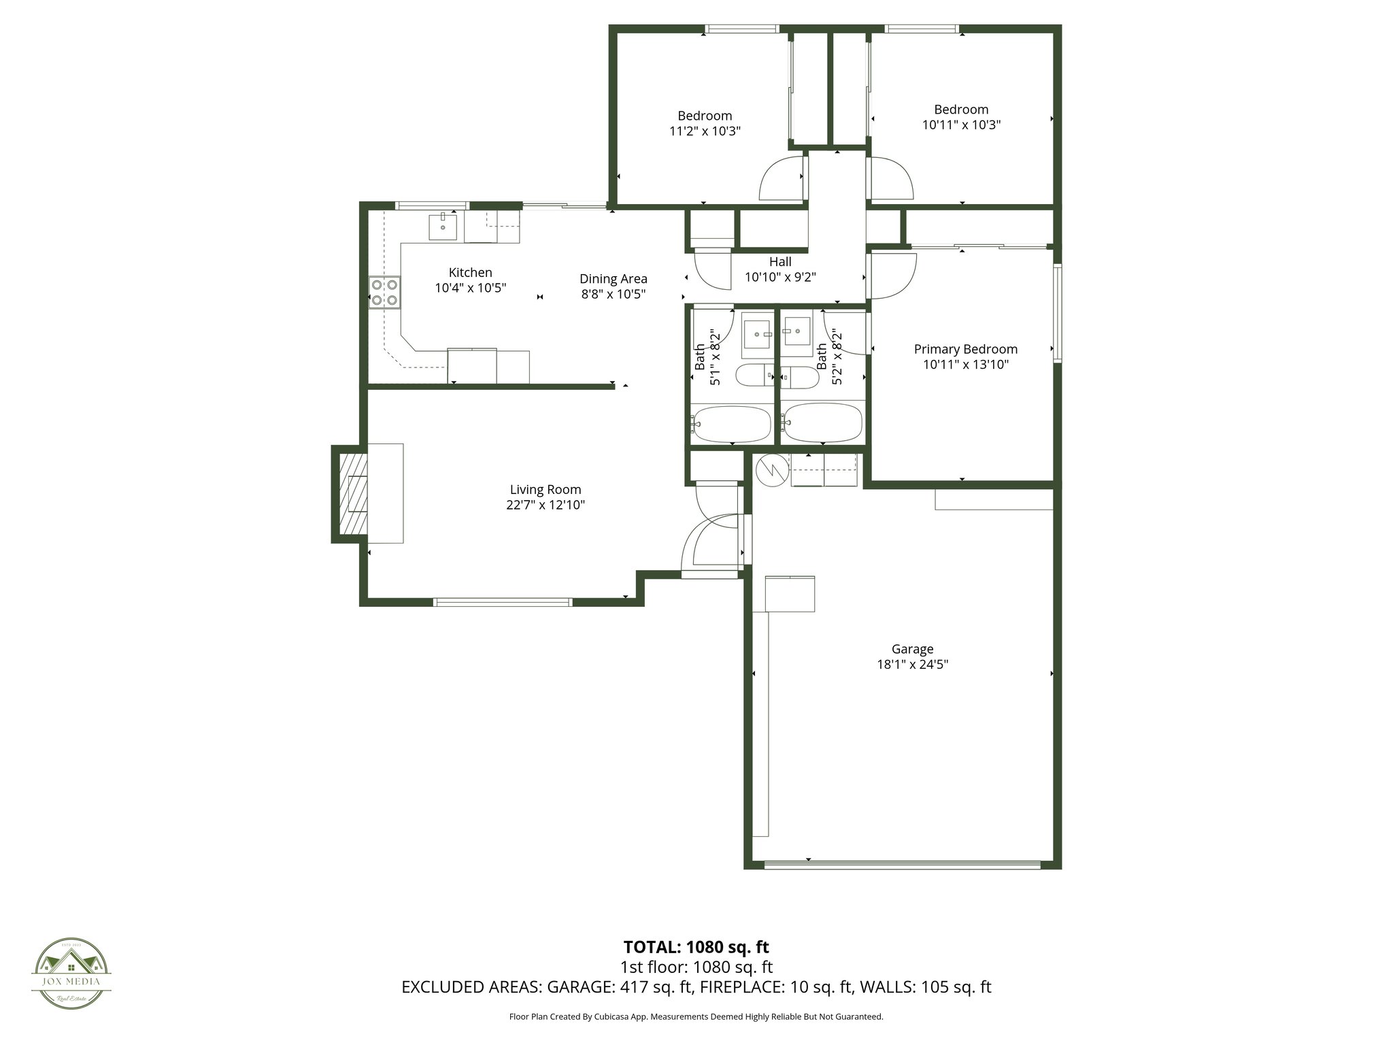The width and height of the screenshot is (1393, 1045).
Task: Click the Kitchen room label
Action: click(470, 272)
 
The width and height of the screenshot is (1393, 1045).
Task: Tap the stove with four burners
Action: click(384, 293)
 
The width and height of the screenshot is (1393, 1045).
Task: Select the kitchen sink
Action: click(443, 227)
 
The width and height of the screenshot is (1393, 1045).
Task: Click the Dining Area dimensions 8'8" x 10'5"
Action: click(613, 294)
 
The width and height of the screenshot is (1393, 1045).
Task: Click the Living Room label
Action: click(546, 489)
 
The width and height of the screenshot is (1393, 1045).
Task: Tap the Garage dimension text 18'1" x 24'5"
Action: click(912, 664)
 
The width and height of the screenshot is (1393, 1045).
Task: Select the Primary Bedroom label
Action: click(965, 349)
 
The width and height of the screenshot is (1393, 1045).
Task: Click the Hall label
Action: click(780, 261)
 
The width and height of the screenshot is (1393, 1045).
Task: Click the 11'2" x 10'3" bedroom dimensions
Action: click(705, 131)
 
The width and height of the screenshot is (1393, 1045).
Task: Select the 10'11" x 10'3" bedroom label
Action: click(961, 110)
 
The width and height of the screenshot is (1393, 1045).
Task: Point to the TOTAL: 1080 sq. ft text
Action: click(696, 947)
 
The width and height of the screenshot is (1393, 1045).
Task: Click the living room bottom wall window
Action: click(503, 602)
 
